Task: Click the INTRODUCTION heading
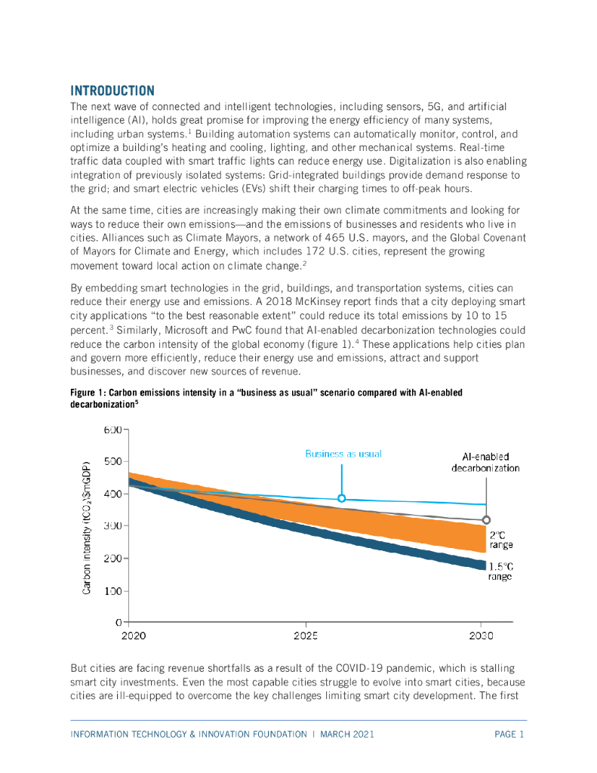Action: (x=112, y=91)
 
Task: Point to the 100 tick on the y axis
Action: (x=113, y=590)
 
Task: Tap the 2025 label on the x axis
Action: (x=306, y=636)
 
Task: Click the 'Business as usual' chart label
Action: (x=343, y=454)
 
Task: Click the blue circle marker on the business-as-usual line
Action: (x=342, y=498)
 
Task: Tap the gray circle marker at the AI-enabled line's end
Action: (x=486, y=519)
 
